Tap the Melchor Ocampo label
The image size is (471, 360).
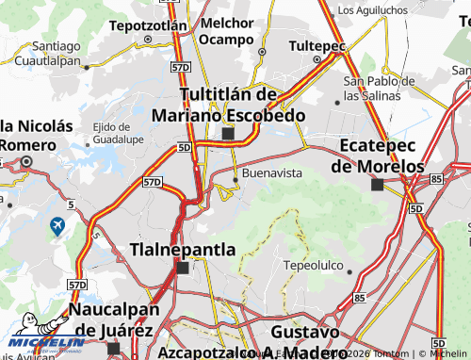(x=227, y=30)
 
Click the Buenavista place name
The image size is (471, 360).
(x=272, y=174)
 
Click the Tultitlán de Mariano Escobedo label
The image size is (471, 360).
(x=230, y=105)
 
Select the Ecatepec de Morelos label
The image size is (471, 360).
(x=378, y=156)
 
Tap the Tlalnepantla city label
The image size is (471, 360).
(x=182, y=249)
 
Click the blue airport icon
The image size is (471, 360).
(x=57, y=227)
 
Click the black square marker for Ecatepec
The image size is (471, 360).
(x=377, y=185)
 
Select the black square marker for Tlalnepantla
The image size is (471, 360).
(x=183, y=269)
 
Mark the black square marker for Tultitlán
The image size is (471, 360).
(x=228, y=134)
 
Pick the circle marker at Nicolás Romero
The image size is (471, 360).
(x=27, y=162)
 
